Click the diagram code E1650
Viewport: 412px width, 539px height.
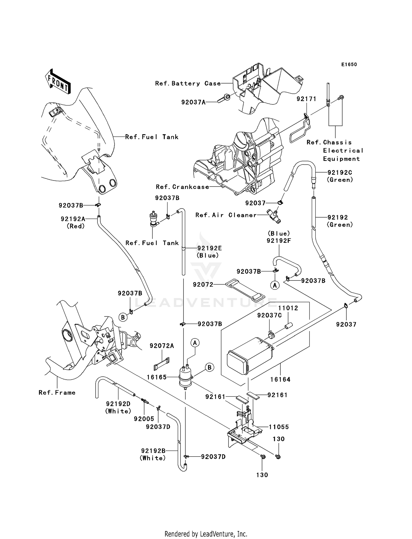pos(349,65)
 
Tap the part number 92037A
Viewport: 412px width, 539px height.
pos(193,102)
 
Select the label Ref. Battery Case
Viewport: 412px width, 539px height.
pos(188,83)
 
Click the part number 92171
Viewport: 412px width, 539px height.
pos(306,99)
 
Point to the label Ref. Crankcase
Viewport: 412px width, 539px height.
pos(182,187)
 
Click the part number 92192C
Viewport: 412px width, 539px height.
pos(340,173)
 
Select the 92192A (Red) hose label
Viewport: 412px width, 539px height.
pos(73,219)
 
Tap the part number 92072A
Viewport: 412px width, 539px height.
pos(162,346)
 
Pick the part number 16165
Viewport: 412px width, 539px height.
pos(157,377)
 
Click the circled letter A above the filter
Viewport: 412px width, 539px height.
pos(195,343)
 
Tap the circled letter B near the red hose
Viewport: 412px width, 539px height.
pos(123,317)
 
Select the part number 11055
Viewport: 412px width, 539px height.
pos(279,427)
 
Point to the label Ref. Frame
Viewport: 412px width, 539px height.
pos(57,393)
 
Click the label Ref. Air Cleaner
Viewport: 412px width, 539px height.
pos(226,215)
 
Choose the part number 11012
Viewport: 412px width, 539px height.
pos(288,308)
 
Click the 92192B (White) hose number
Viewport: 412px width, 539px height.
pos(153,451)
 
